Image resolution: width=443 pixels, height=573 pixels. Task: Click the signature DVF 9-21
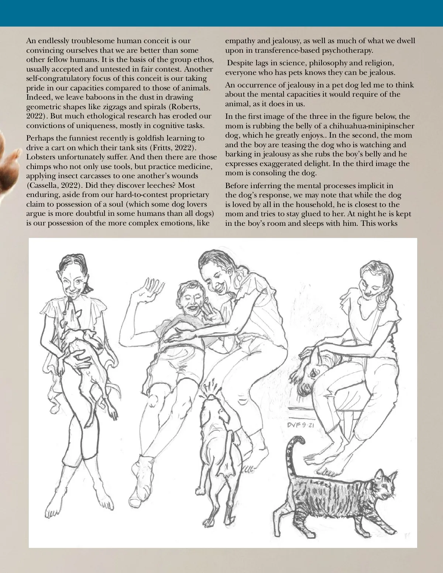[x=300, y=425]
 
